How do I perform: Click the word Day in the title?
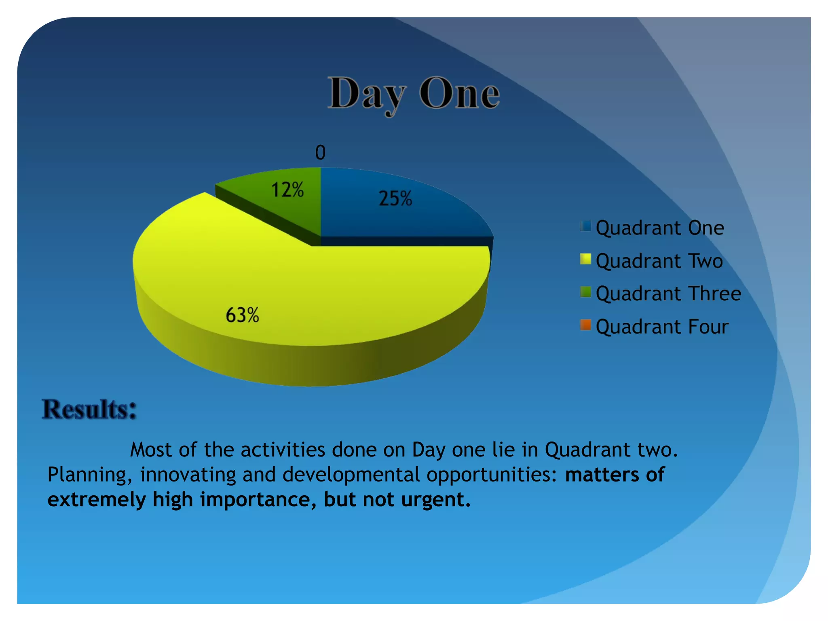point(366,94)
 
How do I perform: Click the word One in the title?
point(460,94)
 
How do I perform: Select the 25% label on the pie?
point(395,199)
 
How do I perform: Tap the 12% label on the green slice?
point(287,190)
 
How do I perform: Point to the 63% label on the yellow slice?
point(242,315)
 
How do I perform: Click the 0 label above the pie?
point(320,153)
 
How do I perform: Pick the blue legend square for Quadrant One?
point(585,226)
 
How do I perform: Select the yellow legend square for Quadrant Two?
point(585,259)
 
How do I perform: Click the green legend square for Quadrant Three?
point(585,291)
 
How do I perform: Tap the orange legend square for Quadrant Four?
point(585,325)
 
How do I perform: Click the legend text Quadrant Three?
point(668,294)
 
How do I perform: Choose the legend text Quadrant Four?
point(662,327)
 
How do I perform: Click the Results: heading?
point(89,409)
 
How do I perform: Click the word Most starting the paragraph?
point(151,450)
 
